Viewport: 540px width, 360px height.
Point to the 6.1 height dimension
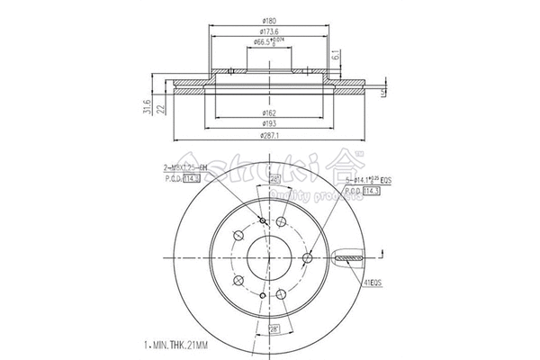(x=334, y=57)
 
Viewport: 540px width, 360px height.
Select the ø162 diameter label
(x=268, y=112)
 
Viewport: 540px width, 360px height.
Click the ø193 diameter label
(x=268, y=123)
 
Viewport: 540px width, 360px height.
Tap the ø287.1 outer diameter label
(x=268, y=135)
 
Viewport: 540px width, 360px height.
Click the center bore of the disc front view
(x=270, y=257)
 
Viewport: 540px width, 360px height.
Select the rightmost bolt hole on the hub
(x=307, y=259)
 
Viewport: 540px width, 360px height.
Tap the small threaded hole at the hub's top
(x=262, y=223)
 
